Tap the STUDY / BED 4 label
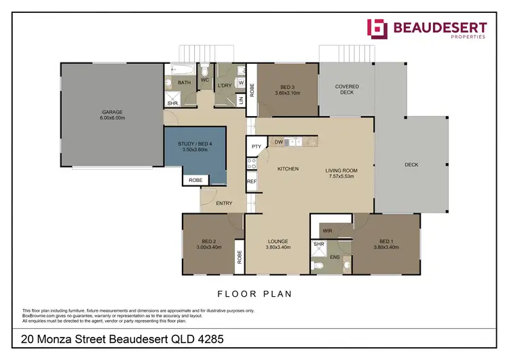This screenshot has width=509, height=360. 195,144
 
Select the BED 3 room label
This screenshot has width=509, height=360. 287,87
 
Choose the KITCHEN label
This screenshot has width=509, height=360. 288,169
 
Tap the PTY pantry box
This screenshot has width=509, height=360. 257,146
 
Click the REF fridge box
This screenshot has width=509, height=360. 252,181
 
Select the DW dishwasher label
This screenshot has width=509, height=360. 279,142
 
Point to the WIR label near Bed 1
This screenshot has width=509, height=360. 326,231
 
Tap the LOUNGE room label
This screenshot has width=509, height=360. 278,241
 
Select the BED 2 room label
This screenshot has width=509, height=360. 208,241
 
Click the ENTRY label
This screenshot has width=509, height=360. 224,203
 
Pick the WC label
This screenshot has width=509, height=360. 204,79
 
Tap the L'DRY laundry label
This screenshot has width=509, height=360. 225,86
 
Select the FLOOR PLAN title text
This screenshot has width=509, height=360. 254,294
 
